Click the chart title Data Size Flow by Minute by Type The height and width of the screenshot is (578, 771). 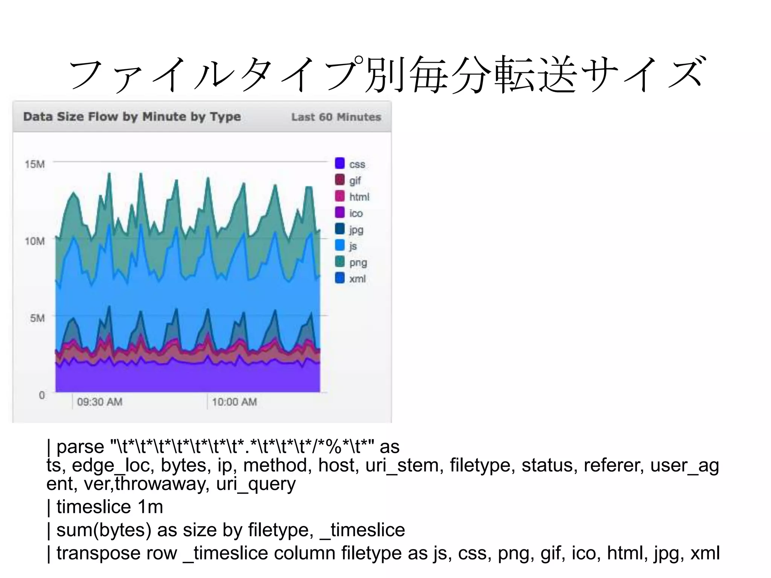pyautogui.click(x=132, y=117)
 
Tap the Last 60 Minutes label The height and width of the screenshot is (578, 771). pyautogui.click(x=336, y=117)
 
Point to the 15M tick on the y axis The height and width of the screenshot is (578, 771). pyautogui.click(x=35, y=164)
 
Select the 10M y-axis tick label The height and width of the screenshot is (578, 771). pyautogui.click(x=35, y=241)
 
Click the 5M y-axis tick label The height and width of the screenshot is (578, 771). pyautogui.click(x=37, y=318)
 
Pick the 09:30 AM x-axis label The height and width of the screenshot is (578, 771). pyautogui.click(x=100, y=402)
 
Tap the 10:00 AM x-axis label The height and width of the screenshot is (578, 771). pyautogui.click(x=234, y=402)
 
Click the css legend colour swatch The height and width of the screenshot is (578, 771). pyautogui.click(x=340, y=164)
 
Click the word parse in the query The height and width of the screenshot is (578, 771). pyautogui.click(x=80, y=447)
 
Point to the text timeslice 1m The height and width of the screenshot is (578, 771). pyautogui.click(x=110, y=507)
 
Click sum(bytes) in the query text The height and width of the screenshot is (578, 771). pyautogui.click(x=104, y=530)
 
